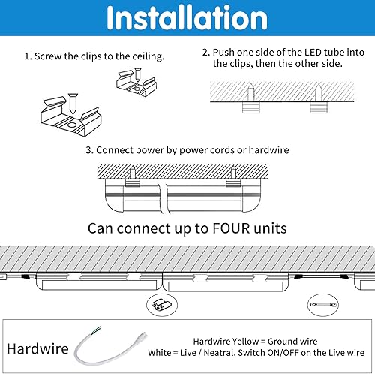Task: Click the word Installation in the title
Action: (x=187, y=19)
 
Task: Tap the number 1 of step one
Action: (x=27, y=56)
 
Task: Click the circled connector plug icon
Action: (x=160, y=303)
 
